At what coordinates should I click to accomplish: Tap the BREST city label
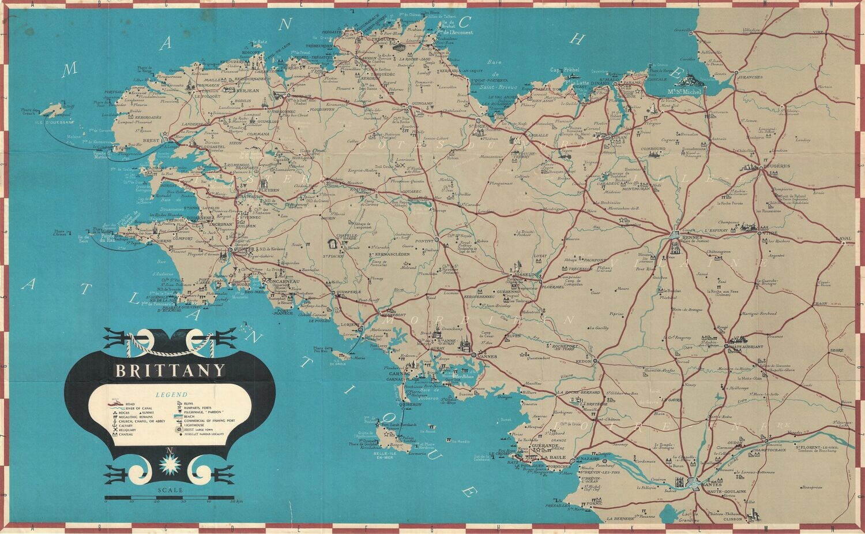(x=151, y=140)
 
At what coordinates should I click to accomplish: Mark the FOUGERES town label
(x=774, y=165)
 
